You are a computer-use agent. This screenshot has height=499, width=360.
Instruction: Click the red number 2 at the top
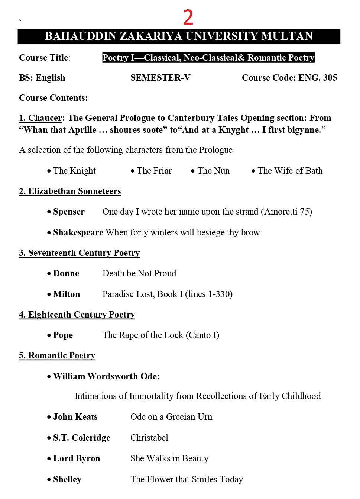pyautogui.click(x=188, y=17)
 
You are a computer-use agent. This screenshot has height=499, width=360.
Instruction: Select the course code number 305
pyautogui.click(x=330, y=78)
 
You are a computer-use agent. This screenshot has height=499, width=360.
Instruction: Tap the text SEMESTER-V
pyautogui.click(x=160, y=78)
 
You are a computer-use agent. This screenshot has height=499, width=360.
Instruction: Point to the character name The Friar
pyautogui.click(x=154, y=171)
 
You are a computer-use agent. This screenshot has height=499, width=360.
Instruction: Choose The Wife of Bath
pyautogui.click(x=290, y=171)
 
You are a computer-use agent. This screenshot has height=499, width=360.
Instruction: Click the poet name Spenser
pyautogui.click(x=69, y=212)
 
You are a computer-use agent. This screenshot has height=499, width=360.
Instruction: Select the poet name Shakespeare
pyautogui.click(x=78, y=232)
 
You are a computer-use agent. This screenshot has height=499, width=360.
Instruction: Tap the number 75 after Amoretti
pyautogui.click(x=304, y=212)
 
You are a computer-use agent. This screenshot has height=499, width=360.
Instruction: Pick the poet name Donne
pyautogui.click(x=66, y=273)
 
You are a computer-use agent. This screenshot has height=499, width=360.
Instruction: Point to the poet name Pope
pyautogui.click(x=63, y=335)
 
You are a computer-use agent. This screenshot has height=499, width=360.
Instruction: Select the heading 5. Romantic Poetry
pyautogui.click(x=57, y=355)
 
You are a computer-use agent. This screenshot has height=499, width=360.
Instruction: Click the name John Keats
pyautogui.click(x=75, y=417)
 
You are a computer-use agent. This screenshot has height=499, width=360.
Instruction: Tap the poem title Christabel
pyautogui.click(x=149, y=438)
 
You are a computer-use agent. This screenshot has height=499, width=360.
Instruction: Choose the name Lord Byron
pyautogui.click(x=77, y=458)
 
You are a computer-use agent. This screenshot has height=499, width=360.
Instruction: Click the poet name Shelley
pyautogui.click(x=67, y=479)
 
